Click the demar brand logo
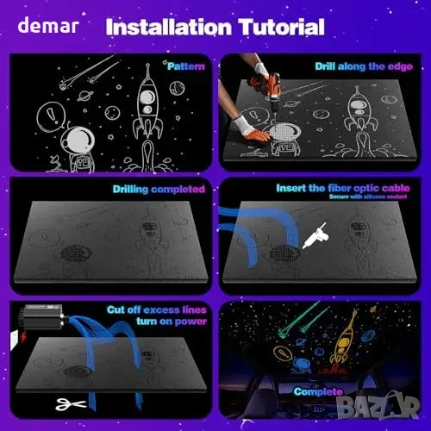coord(48,25)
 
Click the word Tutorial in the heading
coord(282,27)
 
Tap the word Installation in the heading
coord(169,27)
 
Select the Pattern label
coord(186,66)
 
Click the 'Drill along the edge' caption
coord(364,66)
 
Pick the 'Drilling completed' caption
coord(159,189)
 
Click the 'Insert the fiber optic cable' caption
coord(343,188)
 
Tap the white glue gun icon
coord(315,235)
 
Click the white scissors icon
coord(71,404)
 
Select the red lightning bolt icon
coord(23,336)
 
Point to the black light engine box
coord(43,317)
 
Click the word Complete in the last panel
coord(318,391)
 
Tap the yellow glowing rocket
coord(345,339)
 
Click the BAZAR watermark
coord(378,406)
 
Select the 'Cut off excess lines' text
coord(157,310)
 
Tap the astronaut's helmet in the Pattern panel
coord(78,141)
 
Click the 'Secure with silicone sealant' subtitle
coord(368,197)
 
